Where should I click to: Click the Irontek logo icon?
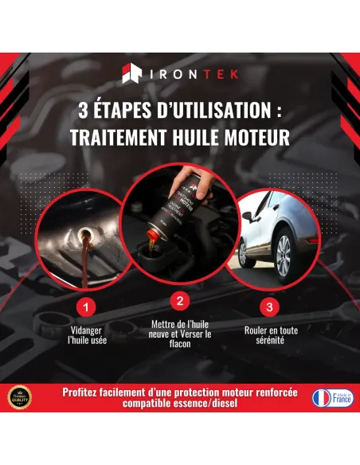131,75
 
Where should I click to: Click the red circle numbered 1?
88,306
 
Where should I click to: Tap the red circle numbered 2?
180,300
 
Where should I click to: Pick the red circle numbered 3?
270,306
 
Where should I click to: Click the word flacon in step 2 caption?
180,344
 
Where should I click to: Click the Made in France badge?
332,397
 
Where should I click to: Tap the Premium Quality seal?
20,397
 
